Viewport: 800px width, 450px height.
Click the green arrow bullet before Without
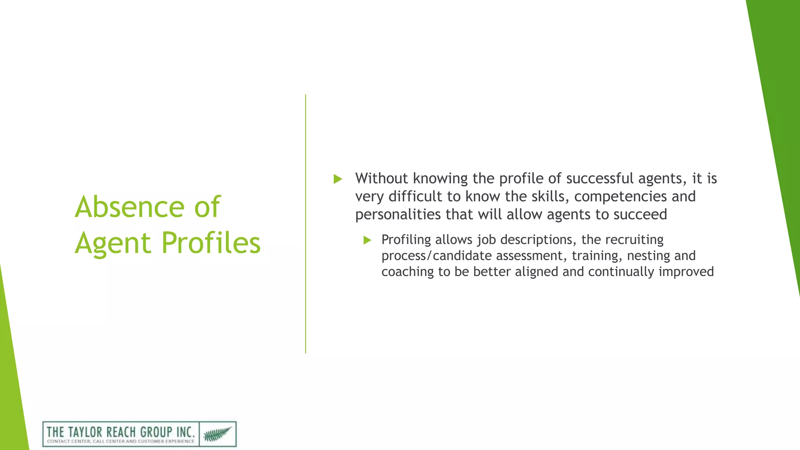tap(338, 179)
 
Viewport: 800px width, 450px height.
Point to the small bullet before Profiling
tap(367, 240)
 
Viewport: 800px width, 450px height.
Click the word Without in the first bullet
tap(381, 179)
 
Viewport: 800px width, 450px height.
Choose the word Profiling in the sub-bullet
tap(406, 240)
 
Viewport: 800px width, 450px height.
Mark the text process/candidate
tap(436, 256)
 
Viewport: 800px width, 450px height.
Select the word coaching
tap(407, 272)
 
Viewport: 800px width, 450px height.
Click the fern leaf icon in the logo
tap(218, 434)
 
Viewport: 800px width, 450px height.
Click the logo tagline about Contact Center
tap(121, 441)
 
